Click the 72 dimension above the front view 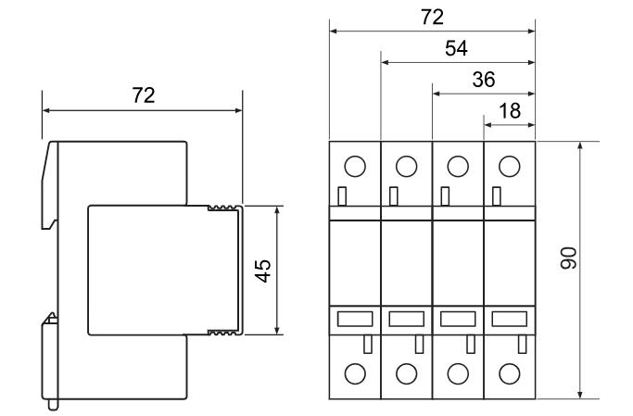pyautogui.click(x=432, y=17)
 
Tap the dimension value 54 pyautogui.click(x=457, y=48)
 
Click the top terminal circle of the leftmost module pyautogui.click(x=355, y=166)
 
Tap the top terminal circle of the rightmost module pyautogui.click(x=509, y=166)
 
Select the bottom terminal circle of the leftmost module pyautogui.click(x=355, y=373)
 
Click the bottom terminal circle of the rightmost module pyautogui.click(x=509, y=373)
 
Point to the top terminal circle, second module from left pyautogui.click(x=406, y=166)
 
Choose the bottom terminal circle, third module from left pyautogui.click(x=458, y=373)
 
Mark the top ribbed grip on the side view pyautogui.click(x=222, y=208)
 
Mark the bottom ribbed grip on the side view pyautogui.click(x=222, y=331)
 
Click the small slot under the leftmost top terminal pyautogui.click(x=342, y=196)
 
